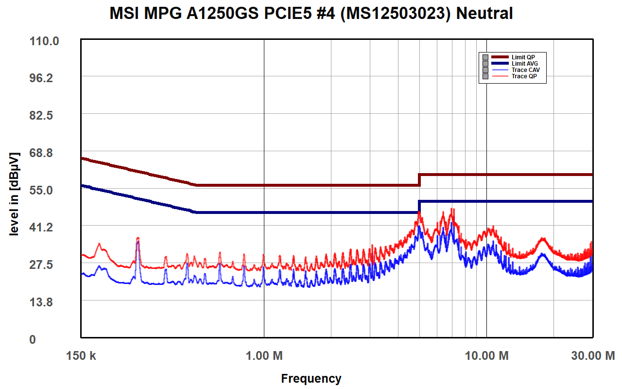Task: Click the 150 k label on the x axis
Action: [81, 356]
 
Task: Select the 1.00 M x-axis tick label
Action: [264, 356]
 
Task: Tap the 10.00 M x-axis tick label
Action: [487, 356]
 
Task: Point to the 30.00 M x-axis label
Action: [593, 356]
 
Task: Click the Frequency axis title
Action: [311, 378]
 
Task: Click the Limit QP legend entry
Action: [523, 57]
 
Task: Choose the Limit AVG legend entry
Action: [524, 64]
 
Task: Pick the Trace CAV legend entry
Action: [525, 70]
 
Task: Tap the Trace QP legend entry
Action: [524, 76]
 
